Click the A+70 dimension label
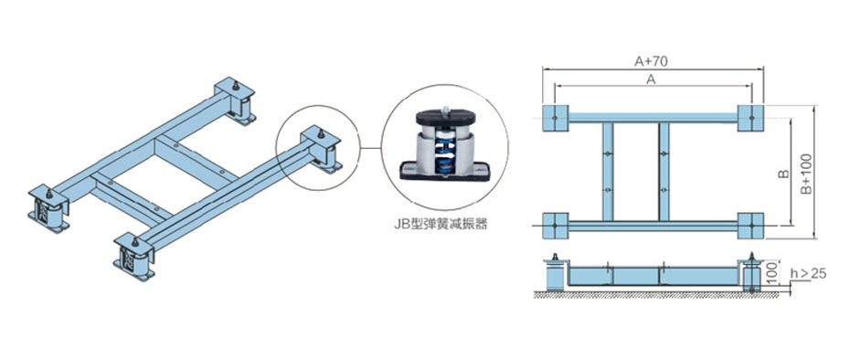[651, 60]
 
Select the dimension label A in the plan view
[652, 79]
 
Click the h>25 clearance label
[808, 274]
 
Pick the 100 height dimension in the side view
[772, 274]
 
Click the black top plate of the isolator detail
[446, 117]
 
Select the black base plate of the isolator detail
[444, 171]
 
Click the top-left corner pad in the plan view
[555, 118]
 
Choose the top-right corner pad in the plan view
[750, 118]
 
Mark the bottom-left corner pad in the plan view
[555, 226]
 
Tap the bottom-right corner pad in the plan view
[750, 226]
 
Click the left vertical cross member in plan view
[608, 172]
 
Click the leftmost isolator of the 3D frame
[48, 208]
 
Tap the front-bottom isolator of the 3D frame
[133, 257]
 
